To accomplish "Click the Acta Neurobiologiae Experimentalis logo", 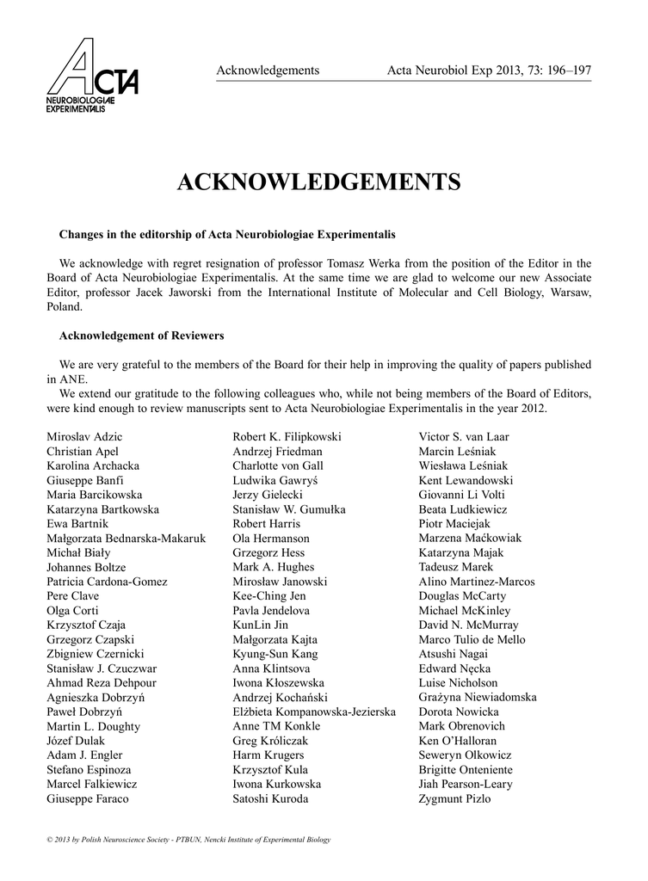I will coord(93,77).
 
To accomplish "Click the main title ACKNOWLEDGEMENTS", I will coord(318,182).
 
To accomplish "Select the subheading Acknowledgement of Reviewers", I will coord(141,336).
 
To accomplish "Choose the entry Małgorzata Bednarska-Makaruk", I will coord(126,539).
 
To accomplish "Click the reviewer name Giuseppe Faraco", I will coord(87,798).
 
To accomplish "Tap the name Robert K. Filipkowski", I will coord(287,437).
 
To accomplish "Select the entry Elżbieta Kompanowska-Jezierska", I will coord(314,712).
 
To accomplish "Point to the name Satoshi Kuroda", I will coord(270,798).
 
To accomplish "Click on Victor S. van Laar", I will coord(464,437).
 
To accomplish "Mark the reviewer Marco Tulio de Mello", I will coord(472,639).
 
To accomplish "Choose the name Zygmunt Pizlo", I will coord(454,798).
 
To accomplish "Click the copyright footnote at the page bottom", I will coord(188,839).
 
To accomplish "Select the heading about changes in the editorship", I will coord(227,234).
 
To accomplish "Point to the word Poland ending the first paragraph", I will coord(65,306).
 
